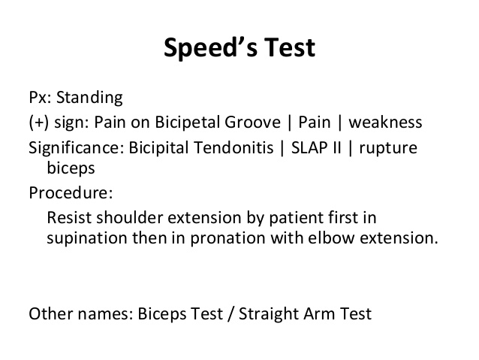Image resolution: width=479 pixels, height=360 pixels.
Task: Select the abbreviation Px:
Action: pyautogui.click(x=39, y=98)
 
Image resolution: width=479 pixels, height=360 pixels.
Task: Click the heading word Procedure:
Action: pyautogui.click(x=71, y=193)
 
